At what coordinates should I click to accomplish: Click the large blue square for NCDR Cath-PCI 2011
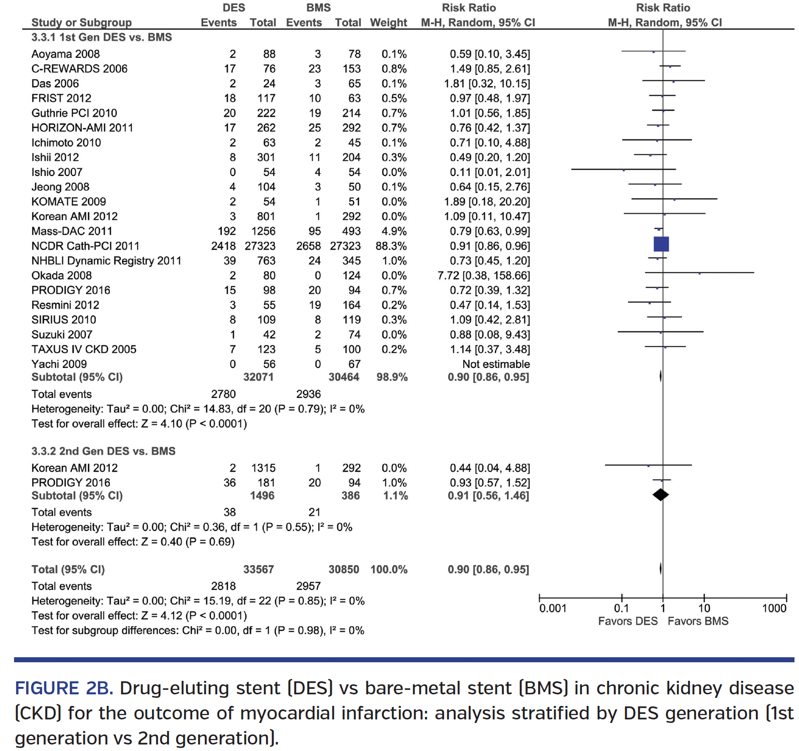(x=661, y=244)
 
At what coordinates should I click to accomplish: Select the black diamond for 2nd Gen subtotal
(x=660, y=495)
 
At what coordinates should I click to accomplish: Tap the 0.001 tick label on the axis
(x=553, y=608)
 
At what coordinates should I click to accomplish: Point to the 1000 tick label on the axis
(x=774, y=608)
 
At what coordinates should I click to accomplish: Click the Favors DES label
(x=627, y=621)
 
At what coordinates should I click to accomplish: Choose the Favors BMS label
(x=698, y=621)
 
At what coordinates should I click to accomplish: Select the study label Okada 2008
(x=61, y=276)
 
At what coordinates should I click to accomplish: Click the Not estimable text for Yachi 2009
(x=496, y=364)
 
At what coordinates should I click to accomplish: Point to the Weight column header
(x=388, y=23)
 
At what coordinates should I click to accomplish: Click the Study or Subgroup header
(x=81, y=23)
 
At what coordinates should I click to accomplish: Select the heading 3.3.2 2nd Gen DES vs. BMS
(x=103, y=451)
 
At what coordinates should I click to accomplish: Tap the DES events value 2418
(x=223, y=246)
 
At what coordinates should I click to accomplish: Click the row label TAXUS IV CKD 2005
(x=83, y=349)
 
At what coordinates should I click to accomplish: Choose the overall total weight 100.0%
(x=388, y=570)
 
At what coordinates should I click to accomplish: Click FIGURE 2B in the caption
(x=64, y=688)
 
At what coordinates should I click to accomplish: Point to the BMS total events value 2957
(x=308, y=586)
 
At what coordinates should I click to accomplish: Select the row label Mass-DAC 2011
(x=72, y=231)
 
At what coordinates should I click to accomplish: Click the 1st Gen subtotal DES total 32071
(x=258, y=377)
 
